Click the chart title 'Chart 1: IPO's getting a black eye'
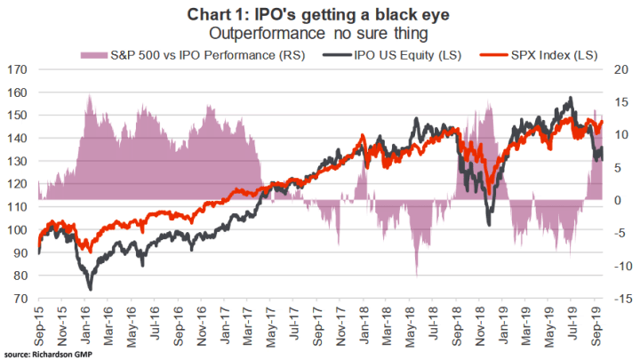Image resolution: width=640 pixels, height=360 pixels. [x=319, y=13]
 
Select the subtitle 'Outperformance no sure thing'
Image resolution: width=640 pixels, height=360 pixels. [x=319, y=32]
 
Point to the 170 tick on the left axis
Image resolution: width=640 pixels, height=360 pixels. [x=17, y=69]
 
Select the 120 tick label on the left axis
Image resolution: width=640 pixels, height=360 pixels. [x=17, y=184]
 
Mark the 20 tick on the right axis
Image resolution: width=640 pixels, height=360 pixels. [x=621, y=69]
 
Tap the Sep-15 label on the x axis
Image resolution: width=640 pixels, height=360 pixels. [x=39, y=322]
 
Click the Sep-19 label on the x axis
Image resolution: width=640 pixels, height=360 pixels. [x=598, y=322]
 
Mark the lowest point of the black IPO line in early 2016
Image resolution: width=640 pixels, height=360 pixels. [x=90, y=289]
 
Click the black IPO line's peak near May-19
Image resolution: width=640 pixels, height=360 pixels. [x=570, y=98]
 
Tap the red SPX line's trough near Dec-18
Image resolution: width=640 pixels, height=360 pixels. [x=489, y=192]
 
